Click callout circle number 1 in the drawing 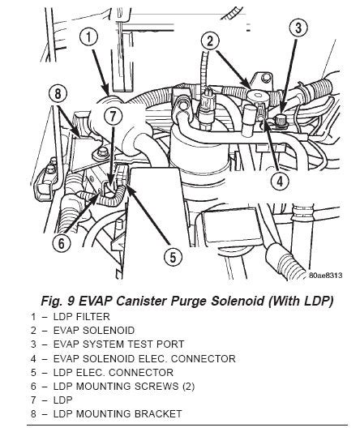tap(89, 37)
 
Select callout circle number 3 tap(299, 30)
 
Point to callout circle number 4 tap(278, 181)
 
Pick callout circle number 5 tap(171, 258)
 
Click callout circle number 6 tap(60, 242)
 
